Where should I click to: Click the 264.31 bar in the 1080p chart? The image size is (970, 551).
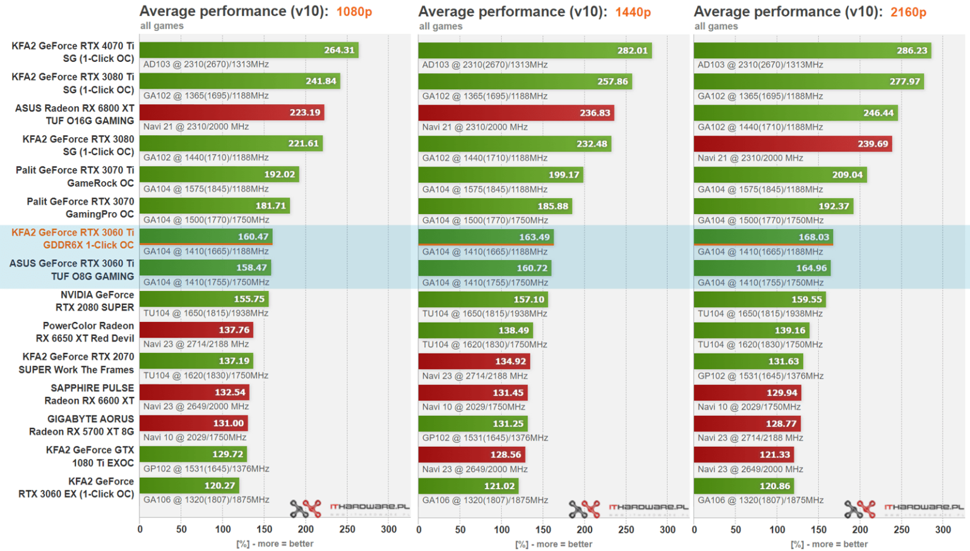[x=249, y=50]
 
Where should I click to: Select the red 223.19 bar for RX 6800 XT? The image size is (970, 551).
[x=231, y=112]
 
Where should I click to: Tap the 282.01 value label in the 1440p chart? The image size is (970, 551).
[x=632, y=50]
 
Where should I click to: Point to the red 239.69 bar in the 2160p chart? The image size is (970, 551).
[x=793, y=144]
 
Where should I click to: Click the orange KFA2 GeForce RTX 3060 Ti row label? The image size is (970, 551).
[x=73, y=239]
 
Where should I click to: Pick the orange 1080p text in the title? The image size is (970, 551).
[x=354, y=12]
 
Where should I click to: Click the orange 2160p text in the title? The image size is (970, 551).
[x=908, y=12]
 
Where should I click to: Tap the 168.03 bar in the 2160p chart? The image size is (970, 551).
[x=763, y=237]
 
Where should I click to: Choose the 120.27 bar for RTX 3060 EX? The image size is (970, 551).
[x=189, y=485]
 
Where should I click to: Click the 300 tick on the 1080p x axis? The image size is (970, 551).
[x=388, y=530]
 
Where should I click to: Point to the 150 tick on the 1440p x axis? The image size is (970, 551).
[x=543, y=530]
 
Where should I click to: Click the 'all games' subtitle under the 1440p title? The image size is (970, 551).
[x=440, y=27]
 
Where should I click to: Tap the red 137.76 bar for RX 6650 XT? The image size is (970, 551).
[x=196, y=329]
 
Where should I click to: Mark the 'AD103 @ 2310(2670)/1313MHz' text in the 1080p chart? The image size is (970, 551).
[x=206, y=64]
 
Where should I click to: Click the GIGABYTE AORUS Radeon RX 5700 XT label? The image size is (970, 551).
[x=81, y=425]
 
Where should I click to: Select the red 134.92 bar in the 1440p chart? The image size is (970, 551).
[x=474, y=361]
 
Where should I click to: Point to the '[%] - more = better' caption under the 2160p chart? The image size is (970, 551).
[x=829, y=544]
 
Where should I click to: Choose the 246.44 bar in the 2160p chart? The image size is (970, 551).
[x=796, y=113]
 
